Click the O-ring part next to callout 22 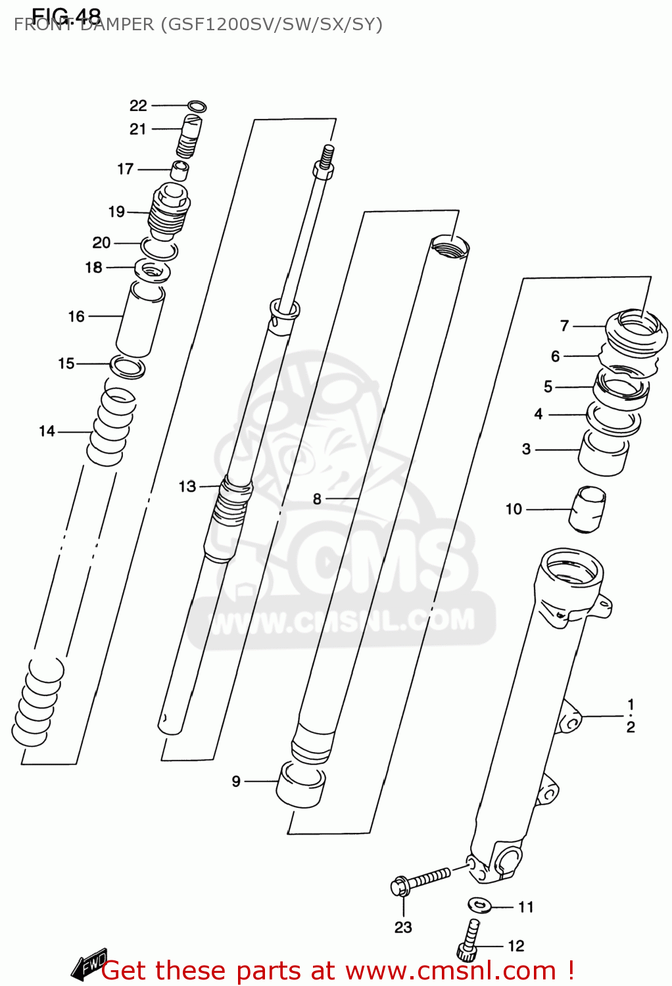(x=197, y=106)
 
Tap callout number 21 (x=137, y=129)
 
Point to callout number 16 (x=76, y=316)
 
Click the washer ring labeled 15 (x=128, y=367)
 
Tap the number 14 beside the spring (x=47, y=431)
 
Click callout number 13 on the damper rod (x=187, y=486)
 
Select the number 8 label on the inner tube (x=317, y=499)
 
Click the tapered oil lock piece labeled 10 (x=587, y=508)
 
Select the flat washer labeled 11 (x=480, y=905)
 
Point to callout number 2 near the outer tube (x=630, y=727)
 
